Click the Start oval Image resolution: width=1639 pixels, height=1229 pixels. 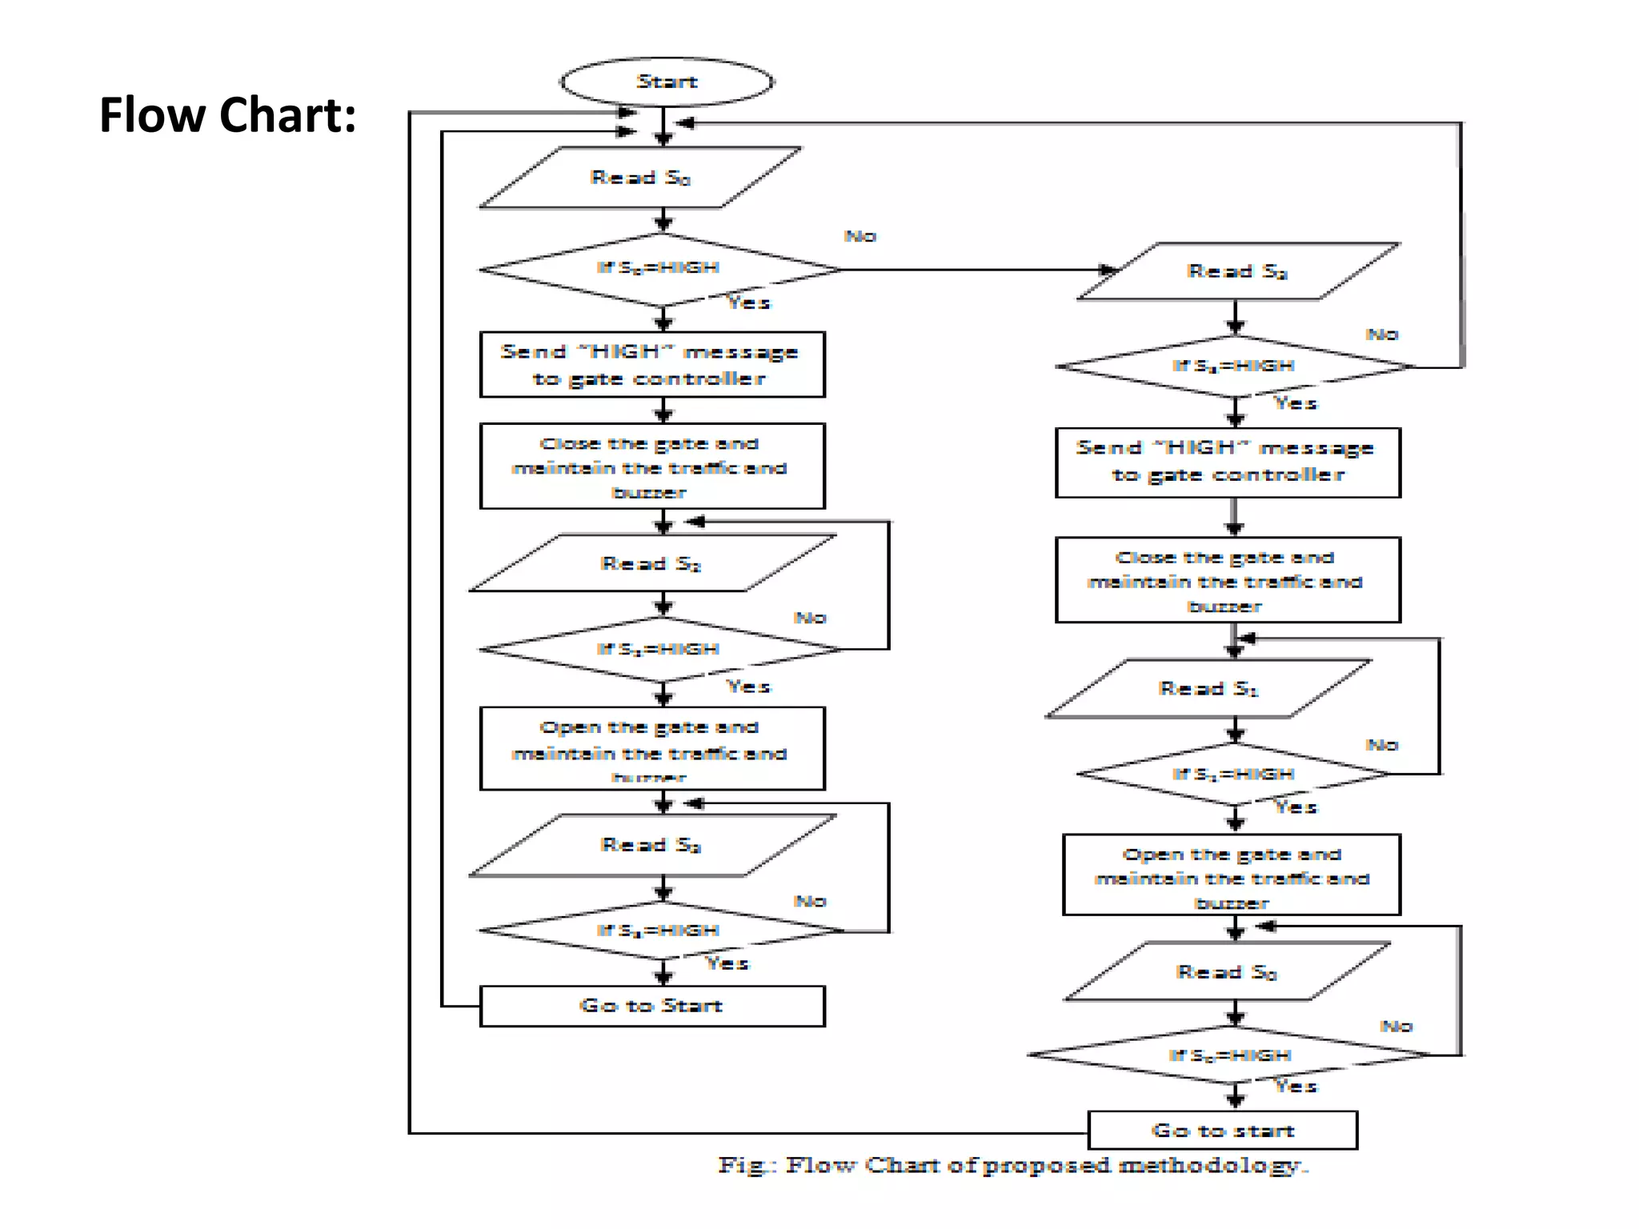(x=667, y=82)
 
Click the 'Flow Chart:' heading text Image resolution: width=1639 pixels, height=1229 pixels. (x=227, y=115)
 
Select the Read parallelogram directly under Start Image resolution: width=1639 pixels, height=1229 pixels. (x=640, y=178)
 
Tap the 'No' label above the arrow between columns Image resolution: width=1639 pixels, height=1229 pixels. (x=860, y=236)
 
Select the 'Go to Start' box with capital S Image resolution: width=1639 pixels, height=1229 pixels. (x=651, y=1006)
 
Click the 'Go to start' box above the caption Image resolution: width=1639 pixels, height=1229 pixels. (x=1222, y=1131)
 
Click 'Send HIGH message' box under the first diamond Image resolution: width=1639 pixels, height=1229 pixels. (x=651, y=365)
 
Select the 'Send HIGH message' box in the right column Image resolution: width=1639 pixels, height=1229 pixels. (x=1227, y=462)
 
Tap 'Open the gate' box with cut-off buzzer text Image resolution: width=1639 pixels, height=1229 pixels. (x=651, y=748)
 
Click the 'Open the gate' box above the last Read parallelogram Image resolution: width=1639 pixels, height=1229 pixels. (x=1231, y=875)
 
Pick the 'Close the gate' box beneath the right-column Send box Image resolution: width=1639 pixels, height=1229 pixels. (x=1227, y=580)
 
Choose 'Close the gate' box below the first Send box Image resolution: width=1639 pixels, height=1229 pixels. (x=651, y=466)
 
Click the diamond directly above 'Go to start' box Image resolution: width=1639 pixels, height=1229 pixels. (x=1231, y=1055)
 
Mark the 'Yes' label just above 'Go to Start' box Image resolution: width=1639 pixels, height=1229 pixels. (x=727, y=963)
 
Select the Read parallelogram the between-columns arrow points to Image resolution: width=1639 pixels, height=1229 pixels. (x=1237, y=272)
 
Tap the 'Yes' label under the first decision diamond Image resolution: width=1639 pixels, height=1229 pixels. (x=748, y=302)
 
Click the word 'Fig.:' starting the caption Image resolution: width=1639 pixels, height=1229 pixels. (x=747, y=1165)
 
